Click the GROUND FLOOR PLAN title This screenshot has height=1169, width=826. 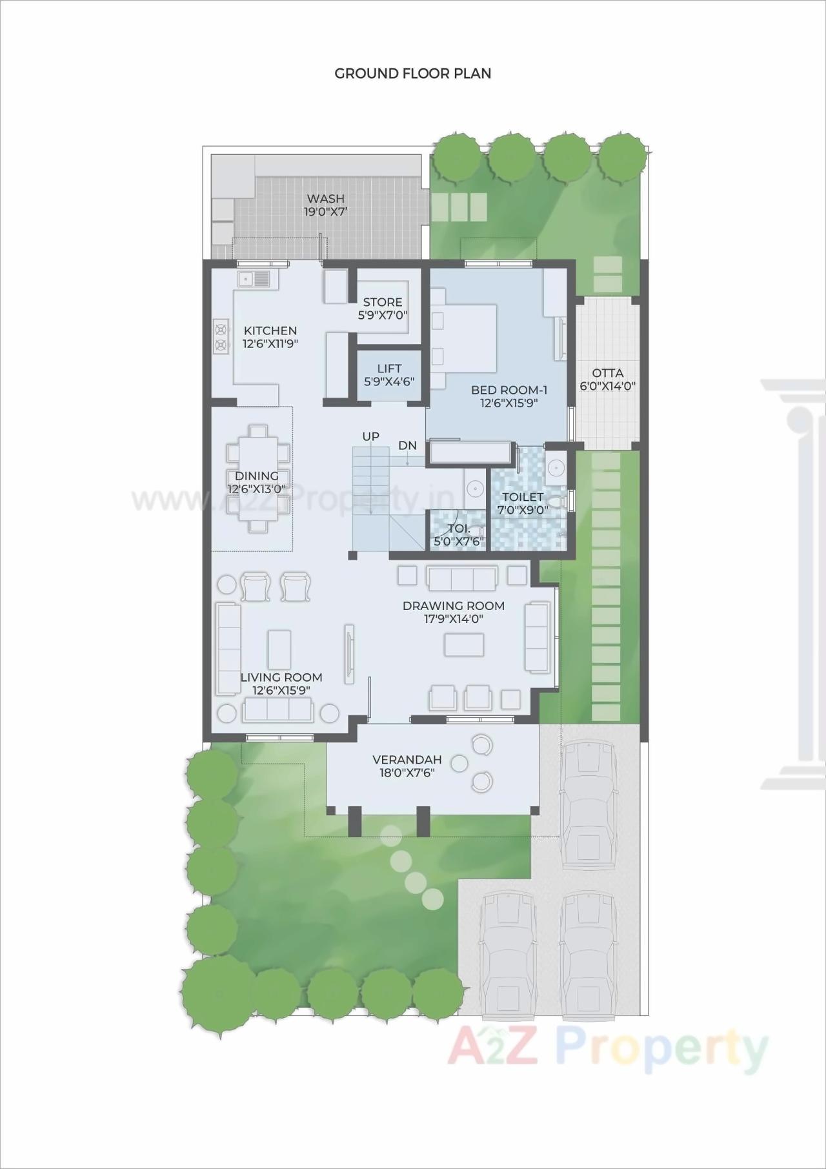point(413,74)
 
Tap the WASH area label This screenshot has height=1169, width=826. point(325,205)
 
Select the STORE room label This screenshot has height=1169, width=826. point(383,309)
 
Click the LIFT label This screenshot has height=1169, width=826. point(389,375)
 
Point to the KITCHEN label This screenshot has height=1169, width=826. point(270,337)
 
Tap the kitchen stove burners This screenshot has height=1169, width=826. point(221,337)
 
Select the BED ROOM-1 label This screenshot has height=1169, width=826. point(509,396)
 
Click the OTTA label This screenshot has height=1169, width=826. point(608,380)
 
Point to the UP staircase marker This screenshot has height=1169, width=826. point(371,437)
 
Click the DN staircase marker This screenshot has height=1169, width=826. point(407,445)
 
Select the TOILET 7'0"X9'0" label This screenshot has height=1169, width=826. point(523,503)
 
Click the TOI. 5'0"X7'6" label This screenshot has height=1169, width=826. point(459,535)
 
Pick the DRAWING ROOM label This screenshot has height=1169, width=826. point(454,612)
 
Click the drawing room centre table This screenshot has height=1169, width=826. point(464,644)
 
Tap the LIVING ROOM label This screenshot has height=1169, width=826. point(281,683)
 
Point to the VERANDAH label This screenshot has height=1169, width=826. point(407,766)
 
